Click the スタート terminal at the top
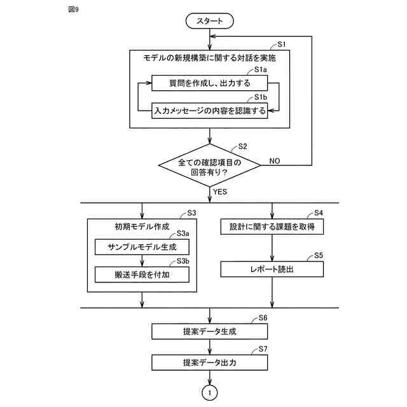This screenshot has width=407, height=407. click(209, 21)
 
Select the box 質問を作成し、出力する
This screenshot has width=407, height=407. click(209, 83)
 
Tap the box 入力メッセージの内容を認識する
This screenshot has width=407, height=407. click(209, 110)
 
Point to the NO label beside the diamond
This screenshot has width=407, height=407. click(275, 161)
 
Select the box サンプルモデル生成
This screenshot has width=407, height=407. click(141, 247)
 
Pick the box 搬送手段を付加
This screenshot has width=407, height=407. click(141, 274)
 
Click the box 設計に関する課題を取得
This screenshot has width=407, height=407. click(272, 227)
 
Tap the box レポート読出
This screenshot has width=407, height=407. click(272, 269)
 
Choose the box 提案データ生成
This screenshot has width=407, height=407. click(209, 331)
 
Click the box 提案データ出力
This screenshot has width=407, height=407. click(209, 362)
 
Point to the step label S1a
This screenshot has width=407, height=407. click(261, 70)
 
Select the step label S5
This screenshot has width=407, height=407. click(319, 256)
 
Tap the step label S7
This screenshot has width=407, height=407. click(263, 350)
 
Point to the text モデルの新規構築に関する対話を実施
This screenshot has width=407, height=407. click(209, 58)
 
